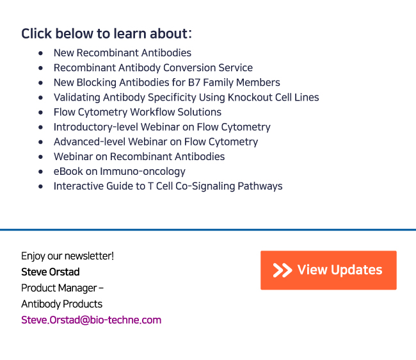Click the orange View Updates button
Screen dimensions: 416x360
click(328, 270)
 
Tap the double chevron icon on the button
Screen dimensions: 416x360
click(282, 270)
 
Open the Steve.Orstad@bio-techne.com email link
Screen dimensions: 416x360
click(92, 320)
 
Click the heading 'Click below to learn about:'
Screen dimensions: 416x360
click(106, 34)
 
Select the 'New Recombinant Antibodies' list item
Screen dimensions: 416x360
click(122, 53)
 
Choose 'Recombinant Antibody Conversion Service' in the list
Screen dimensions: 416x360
click(153, 68)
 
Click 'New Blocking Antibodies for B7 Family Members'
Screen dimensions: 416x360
click(167, 83)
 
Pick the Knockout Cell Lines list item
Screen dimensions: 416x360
click(186, 97)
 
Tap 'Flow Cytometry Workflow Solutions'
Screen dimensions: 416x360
click(138, 112)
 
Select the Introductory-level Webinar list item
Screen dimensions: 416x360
click(162, 127)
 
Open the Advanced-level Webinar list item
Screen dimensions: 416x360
click(156, 142)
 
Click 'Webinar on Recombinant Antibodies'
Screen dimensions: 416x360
click(140, 157)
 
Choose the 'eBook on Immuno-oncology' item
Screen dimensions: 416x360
click(120, 172)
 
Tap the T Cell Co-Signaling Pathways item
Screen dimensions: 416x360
click(168, 186)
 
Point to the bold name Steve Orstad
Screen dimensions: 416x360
click(51, 272)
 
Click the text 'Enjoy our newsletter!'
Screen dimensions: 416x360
click(68, 256)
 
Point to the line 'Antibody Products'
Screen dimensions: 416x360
click(62, 304)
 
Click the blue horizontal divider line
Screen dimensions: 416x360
click(208, 230)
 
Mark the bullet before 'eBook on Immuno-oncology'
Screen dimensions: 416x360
click(40, 172)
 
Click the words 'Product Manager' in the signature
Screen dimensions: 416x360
click(59, 288)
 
